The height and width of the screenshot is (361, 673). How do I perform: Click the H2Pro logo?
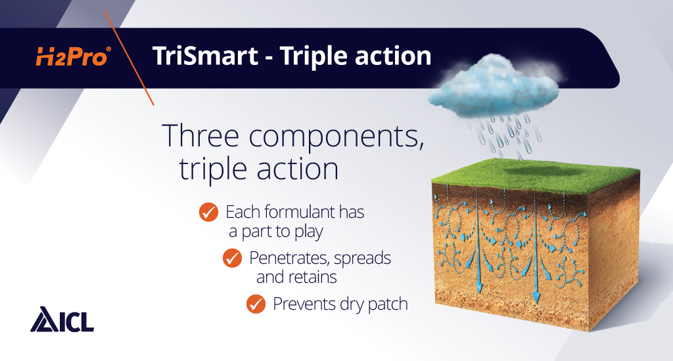tap(72, 58)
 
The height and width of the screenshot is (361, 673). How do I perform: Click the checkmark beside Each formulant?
tap(208, 213)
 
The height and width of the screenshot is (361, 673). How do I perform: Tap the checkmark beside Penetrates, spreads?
tap(232, 259)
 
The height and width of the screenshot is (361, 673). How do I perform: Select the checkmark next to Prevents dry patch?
tap(256, 305)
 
